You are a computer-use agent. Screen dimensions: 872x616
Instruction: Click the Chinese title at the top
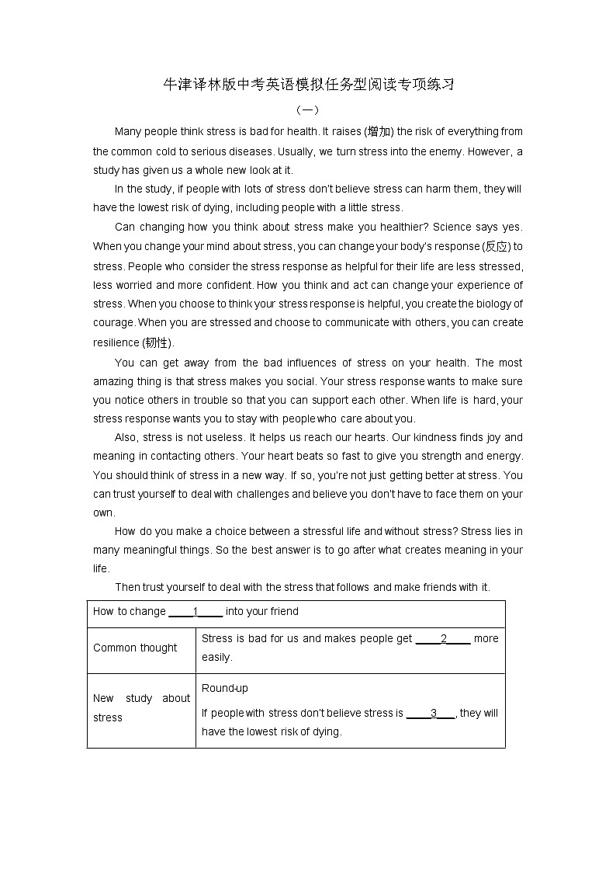(308, 85)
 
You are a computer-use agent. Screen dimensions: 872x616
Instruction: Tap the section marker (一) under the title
(308, 110)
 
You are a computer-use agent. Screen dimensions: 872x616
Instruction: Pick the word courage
(114, 322)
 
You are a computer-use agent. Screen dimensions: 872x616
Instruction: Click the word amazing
(113, 381)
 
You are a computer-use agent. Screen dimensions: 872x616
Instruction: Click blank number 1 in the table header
(196, 612)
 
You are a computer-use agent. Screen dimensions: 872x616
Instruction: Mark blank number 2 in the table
(444, 639)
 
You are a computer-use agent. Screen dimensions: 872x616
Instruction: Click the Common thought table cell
(135, 648)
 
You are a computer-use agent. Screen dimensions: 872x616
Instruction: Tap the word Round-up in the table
(225, 688)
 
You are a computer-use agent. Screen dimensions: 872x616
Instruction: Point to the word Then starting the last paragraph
(128, 587)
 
